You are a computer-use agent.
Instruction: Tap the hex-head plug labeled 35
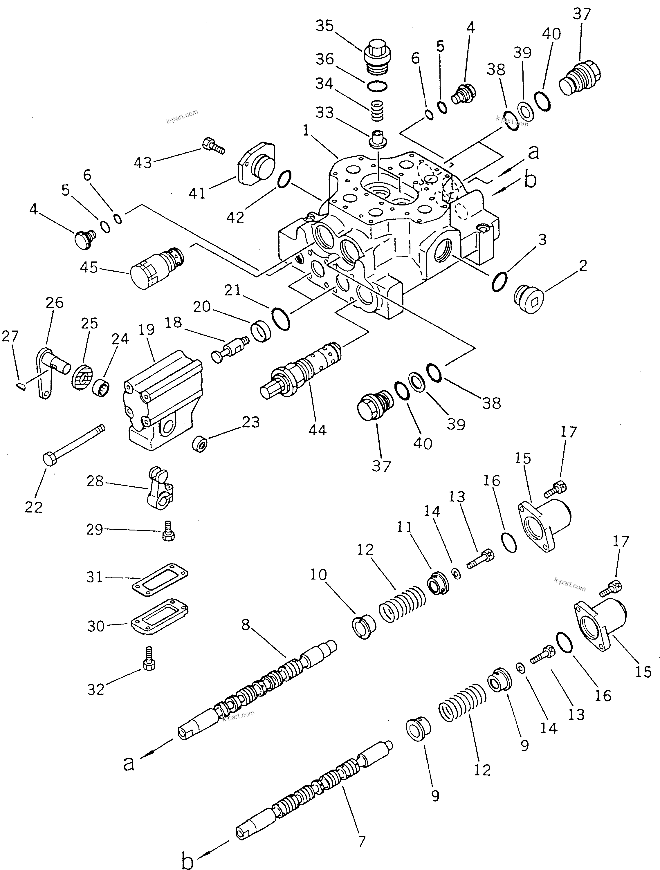(x=376, y=55)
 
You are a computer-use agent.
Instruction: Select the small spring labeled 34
(x=378, y=111)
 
